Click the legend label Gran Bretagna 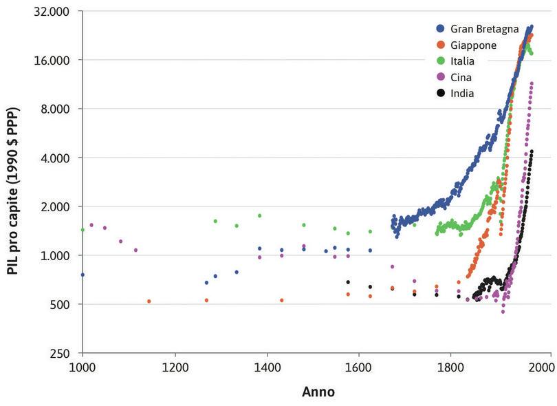[479, 29]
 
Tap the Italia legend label [462, 61]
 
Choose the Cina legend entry [461, 77]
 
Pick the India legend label [462, 93]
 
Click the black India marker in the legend [440, 93]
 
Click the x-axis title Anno [318, 392]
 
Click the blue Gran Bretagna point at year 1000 [83, 275]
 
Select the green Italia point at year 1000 [83, 230]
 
